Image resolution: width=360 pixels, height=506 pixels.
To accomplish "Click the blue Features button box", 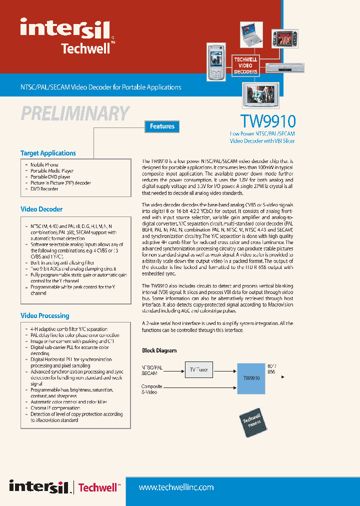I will [x=162, y=126].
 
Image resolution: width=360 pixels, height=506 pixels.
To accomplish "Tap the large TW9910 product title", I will [x=268, y=121].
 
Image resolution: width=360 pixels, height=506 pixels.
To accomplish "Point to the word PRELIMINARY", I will [x=75, y=113].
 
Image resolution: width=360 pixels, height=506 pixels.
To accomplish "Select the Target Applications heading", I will [x=48, y=153].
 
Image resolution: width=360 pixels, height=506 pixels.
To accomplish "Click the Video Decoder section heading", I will [x=41, y=209].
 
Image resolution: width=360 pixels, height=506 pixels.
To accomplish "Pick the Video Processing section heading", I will [x=44, y=315].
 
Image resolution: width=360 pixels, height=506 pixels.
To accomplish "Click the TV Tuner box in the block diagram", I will [x=198, y=370].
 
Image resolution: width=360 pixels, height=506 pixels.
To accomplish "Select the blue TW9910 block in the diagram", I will [x=251, y=378].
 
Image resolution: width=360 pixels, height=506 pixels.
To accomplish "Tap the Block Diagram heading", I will [x=159, y=350].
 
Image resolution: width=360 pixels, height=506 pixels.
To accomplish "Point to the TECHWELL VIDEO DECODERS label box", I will [x=245, y=65].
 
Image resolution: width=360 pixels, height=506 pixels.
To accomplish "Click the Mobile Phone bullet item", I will [x=44, y=164].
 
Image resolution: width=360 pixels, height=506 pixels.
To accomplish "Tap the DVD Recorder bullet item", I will [x=44, y=189].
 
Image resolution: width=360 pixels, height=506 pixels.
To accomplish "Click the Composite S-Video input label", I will [x=152, y=389].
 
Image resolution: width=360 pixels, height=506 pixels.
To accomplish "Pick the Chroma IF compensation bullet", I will [x=55, y=408].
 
